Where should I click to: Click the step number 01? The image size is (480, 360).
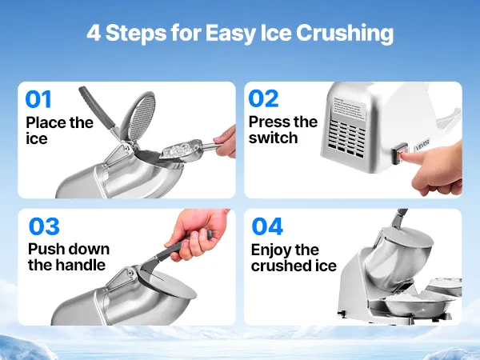coord(38,99)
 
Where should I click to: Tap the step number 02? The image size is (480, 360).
coord(263,98)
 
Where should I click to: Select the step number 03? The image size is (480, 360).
coord(44,226)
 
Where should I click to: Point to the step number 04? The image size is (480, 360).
coord(267,226)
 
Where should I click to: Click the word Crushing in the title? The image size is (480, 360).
coord(345,33)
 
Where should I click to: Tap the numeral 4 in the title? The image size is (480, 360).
coord(94,33)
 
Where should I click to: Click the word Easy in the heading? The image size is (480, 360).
coord(230,33)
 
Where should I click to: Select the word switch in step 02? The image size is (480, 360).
coord(273,138)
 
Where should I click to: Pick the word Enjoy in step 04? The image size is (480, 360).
coord(270,250)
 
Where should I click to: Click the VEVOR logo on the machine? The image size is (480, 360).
coord(422,145)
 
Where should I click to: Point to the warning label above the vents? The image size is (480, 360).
coord(350,108)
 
